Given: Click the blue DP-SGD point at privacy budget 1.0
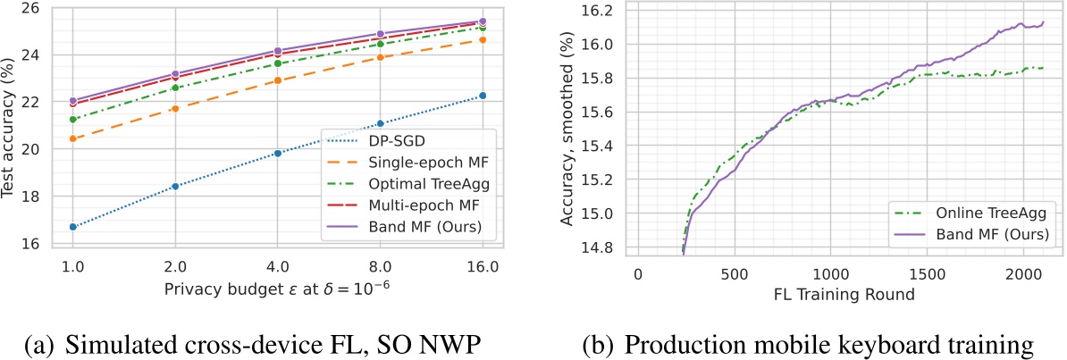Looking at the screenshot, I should click(x=73, y=227).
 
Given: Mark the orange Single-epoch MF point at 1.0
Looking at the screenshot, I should click(x=73, y=138).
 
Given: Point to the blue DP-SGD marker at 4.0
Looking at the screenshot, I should click(x=278, y=154).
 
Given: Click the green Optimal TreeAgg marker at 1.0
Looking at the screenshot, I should click(x=73, y=119).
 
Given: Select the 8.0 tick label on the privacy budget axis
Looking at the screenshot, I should click(x=380, y=267).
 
